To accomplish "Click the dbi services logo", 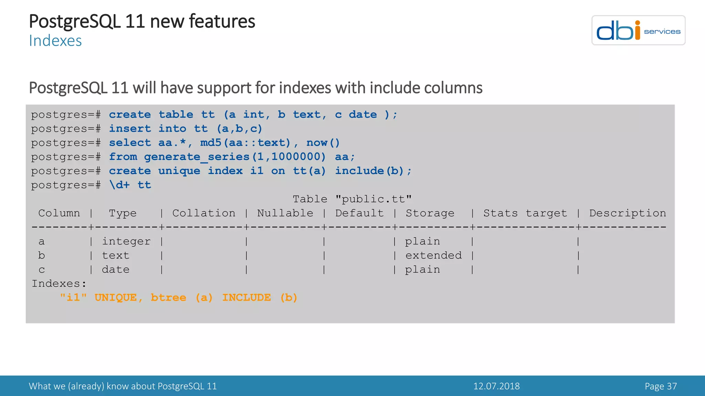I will [638, 30].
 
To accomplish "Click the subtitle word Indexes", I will [55, 41].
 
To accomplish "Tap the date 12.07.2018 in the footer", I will [496, 386].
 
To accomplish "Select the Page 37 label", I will [661, 386].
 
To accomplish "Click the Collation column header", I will [204, 213].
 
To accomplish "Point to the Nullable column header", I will [285, 213].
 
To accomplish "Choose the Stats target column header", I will [525, 213].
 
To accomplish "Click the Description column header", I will [628, 213].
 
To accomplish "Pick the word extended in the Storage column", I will [433, 255].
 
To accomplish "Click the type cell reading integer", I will [126, 241].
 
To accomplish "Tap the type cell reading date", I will [116, 269].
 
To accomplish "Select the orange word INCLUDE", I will [246, 298].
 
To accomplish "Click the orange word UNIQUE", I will [116, 298].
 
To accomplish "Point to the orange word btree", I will [168, 298].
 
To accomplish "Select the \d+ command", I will [119, 185].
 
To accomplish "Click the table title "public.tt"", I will [373, 199].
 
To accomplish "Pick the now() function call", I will [323, 143].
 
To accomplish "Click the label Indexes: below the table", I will [59, 284].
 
